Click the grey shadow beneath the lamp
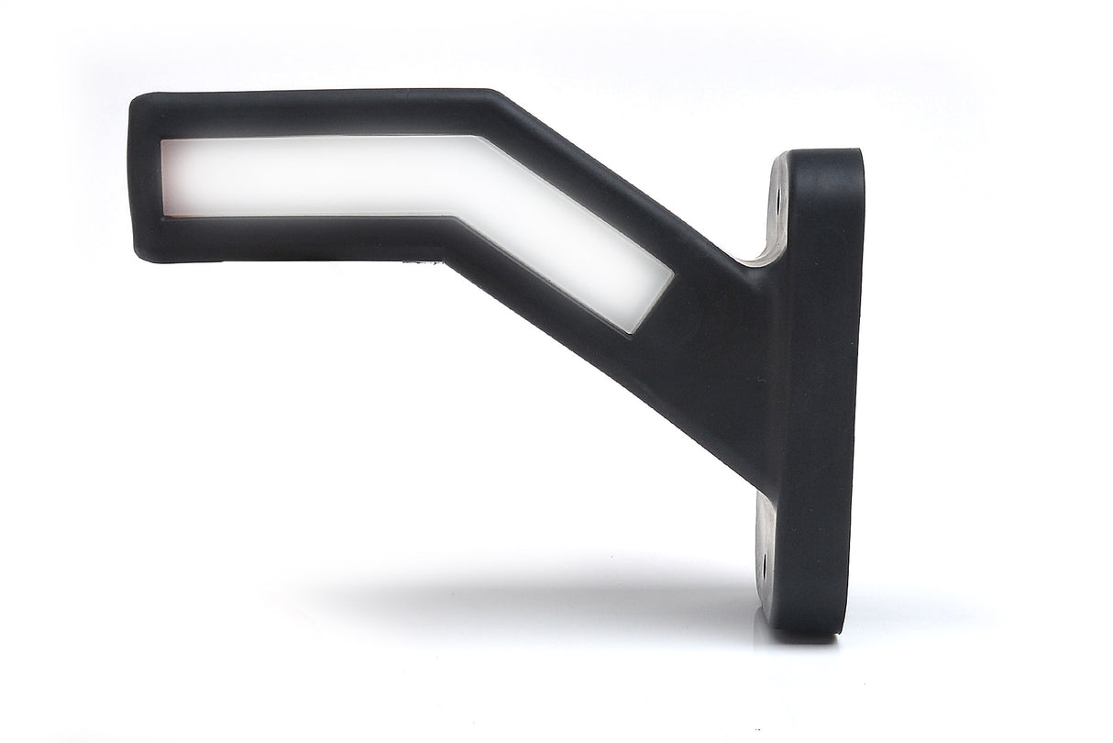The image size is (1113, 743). point(550,596)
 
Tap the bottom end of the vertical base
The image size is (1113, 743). point(807,628)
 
